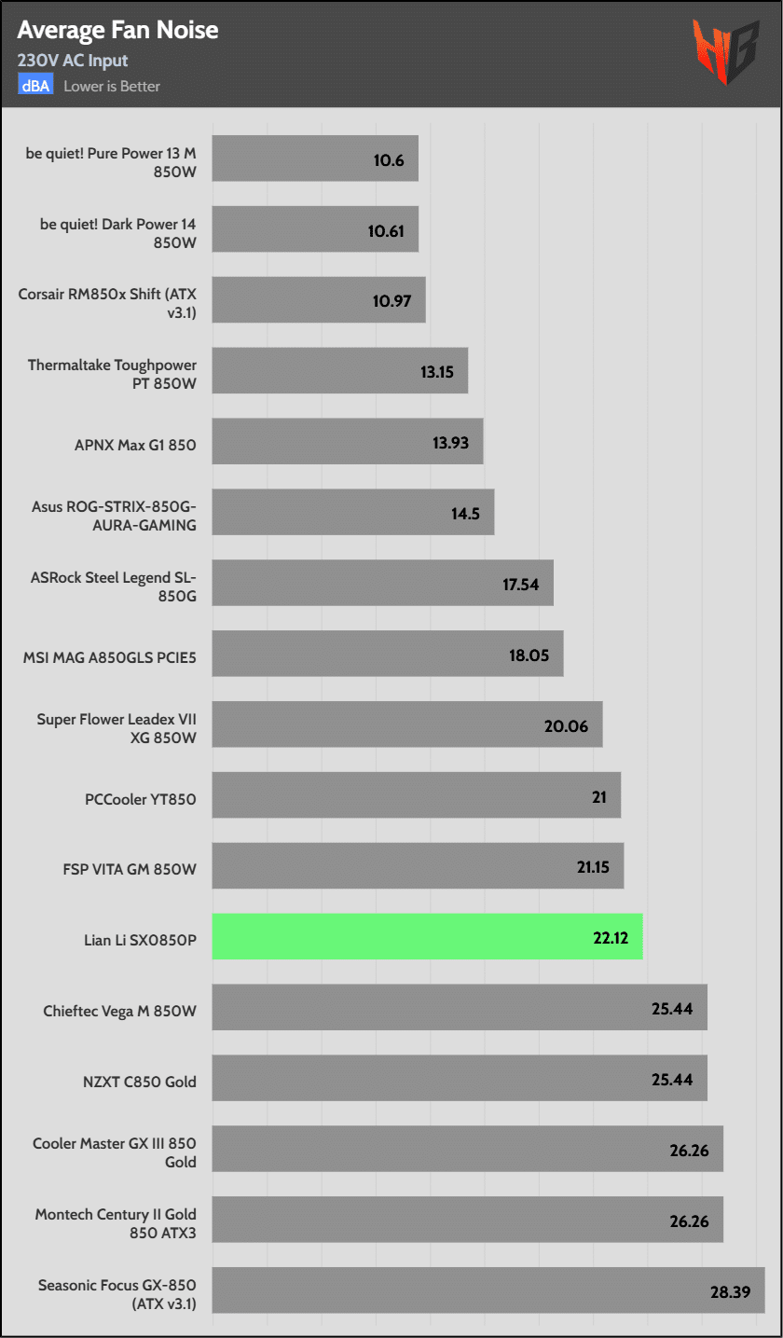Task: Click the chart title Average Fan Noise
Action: (x=117, y=31)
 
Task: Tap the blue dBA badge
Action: (x=35, y=86)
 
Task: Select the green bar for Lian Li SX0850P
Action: (x=427, y=936)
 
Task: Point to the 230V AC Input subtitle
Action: (x=73, y=61)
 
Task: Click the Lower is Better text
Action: (x=112, y=86)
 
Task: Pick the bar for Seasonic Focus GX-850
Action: (x=488, y=1290)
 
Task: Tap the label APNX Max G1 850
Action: (x=135, y=445)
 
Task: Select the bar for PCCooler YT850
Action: (x=416, y=795)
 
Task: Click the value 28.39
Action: (x=732, y=1291)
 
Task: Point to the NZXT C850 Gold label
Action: (x=139, y=1082)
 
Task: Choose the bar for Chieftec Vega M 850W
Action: (x=459, y=1007)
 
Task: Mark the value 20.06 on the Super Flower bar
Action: (x=567, y=725)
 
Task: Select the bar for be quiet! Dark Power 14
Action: (x=314, y=229)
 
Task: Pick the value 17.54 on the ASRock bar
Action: (x=522, y=584)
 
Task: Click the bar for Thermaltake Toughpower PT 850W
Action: (x=339, y=371)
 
